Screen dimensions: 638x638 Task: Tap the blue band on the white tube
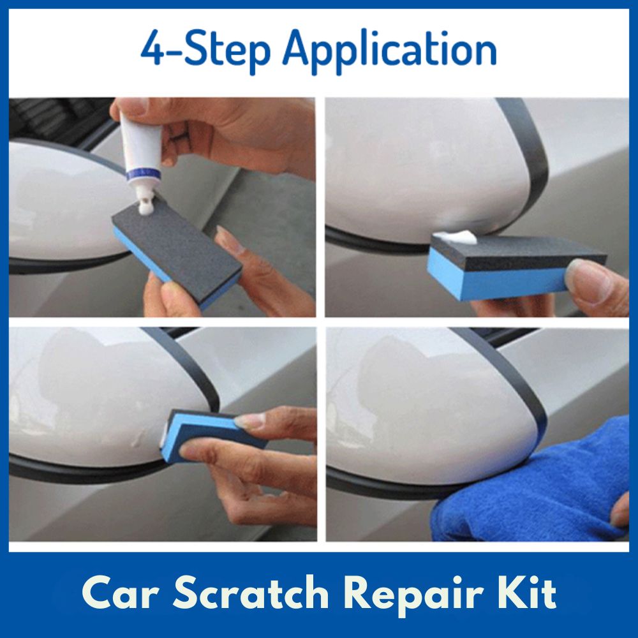(143, 174)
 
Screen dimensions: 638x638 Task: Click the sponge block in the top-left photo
(177, 248)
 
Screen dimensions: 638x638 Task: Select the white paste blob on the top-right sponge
(455, 237)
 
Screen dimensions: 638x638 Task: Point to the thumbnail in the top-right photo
(591, 280)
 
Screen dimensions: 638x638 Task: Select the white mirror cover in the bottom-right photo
(427, 403)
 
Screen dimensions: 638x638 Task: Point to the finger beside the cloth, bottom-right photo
(621, 513)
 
